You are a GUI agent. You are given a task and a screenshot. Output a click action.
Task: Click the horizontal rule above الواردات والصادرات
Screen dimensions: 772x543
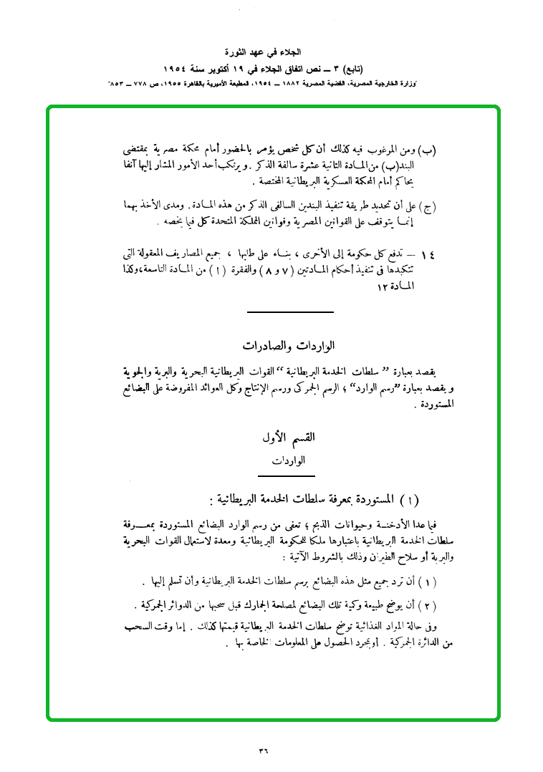coord(289,313)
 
